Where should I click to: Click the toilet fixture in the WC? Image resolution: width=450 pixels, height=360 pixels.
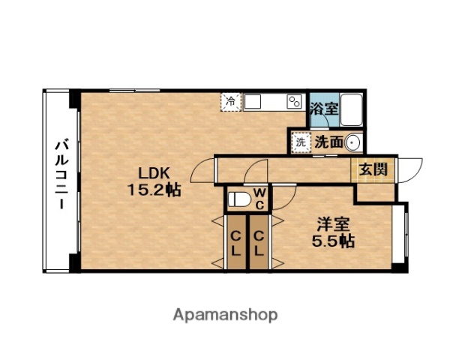(239, 199)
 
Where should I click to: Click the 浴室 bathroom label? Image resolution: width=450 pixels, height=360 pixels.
(324, 108)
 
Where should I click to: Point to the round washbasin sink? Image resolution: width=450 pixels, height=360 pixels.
(353, 140)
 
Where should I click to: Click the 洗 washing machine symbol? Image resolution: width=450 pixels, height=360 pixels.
(301, 140)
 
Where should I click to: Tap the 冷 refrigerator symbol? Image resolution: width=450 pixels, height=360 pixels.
(230, 101)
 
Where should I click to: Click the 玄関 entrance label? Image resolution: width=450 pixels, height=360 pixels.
(372, 169)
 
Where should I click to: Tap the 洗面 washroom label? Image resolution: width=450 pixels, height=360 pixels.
(328, 140)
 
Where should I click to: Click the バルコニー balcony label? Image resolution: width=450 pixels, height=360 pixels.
(61, 175)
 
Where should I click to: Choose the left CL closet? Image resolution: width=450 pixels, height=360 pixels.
(235, 241)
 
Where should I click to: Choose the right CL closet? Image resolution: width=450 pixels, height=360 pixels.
(258, 241)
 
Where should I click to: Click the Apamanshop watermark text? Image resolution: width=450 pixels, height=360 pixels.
(224, 314)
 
